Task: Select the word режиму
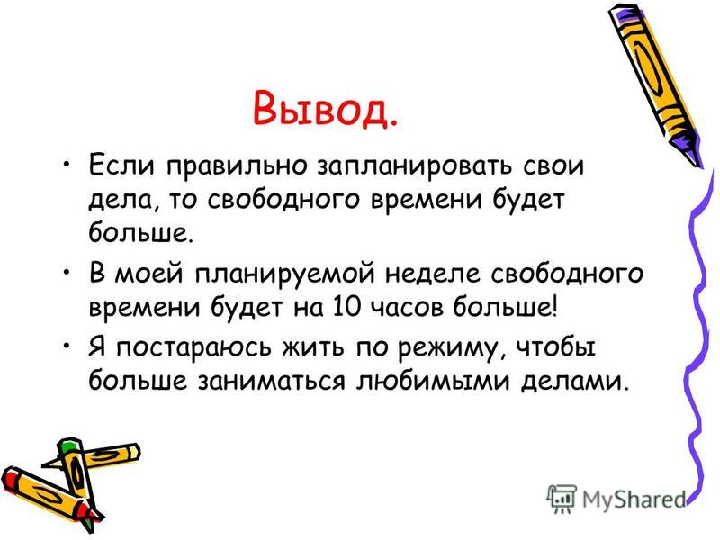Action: (446, 348)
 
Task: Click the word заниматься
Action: (272, 382)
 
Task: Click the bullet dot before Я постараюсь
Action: (67, 345)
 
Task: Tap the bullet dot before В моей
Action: (67, 272)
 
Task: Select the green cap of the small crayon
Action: (68, 445)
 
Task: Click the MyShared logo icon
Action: (562, 498)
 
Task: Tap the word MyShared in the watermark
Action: (634, 499)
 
